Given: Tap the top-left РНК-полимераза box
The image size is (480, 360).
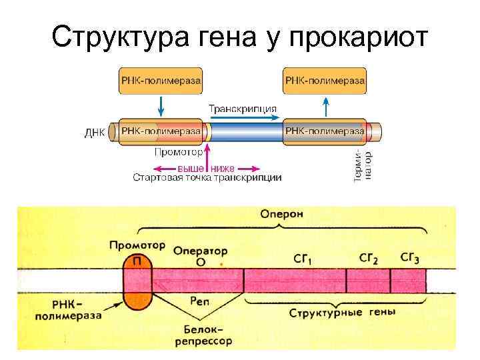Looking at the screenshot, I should point(161,80).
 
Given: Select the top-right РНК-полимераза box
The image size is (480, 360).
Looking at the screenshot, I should point(325,80).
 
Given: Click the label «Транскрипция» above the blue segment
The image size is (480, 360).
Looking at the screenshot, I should point(243,108).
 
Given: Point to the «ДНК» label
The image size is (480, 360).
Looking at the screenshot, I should point(95,132).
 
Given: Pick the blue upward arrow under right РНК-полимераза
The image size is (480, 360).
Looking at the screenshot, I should point(326,105).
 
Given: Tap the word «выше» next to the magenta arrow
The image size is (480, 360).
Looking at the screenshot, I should point(191,168).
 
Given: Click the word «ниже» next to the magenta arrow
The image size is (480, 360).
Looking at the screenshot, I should point(223,168).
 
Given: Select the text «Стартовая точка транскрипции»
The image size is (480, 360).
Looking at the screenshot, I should point(207,178).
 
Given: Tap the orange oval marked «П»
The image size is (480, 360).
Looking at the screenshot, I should point(137,282).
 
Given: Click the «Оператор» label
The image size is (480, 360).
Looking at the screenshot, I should point(201,251).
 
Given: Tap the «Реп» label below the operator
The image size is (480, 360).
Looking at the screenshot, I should point(201,302).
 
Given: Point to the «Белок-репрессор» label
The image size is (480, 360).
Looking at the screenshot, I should point(208,335).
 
